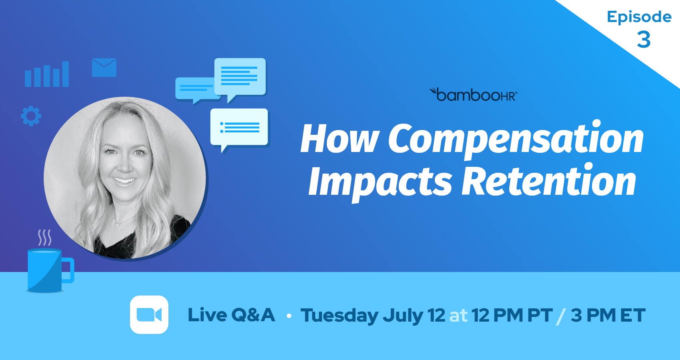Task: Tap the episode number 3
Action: pyautogui.click(x=644, y=40)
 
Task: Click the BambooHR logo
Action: pyautogui.click(x=473, y=94)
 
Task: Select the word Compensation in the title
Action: pyautogui.click(x=516, y=140)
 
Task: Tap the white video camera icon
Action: pyautogui.click(x=149, y=315)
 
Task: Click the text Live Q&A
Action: pyautogui.click(x=231, y=315)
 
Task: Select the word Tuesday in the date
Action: pyautogui.click(x=339, y=316)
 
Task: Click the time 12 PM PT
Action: pyautogui.click(x=512, y=315)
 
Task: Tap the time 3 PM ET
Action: pyautogui.click(x=608, y=315)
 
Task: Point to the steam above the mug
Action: pyautogui.click(x=44, y=238)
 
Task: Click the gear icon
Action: pyautogui.click(x=31, y=116)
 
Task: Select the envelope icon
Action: pyautogui.click(x=104, y=67)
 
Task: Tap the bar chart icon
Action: pyautogui.click(x=47, y=74)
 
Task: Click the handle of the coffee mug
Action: pyautogui.click(x=69, y=270)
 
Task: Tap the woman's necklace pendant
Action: pyautogui.click(x=117, y=225)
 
